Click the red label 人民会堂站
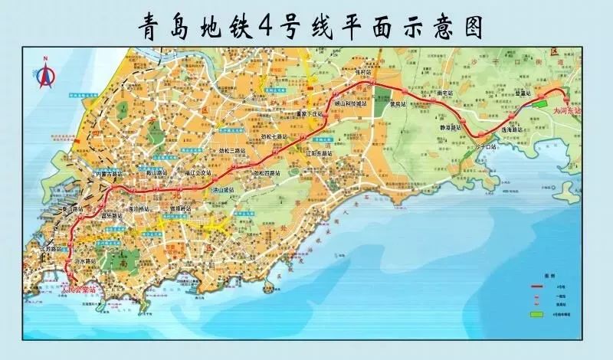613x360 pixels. (78, 289)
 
